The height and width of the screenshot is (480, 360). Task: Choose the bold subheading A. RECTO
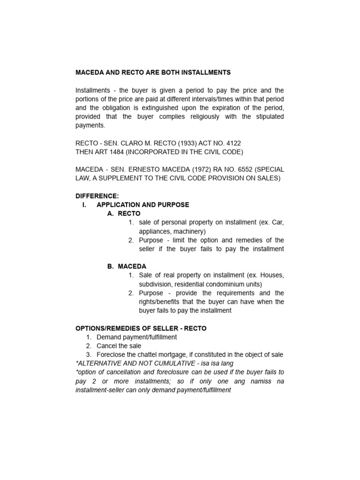(x=124, y=213)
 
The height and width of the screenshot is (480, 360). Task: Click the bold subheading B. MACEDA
(x=127, y=266)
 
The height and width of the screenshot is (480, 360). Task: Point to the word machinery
(x=188, y=231)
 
